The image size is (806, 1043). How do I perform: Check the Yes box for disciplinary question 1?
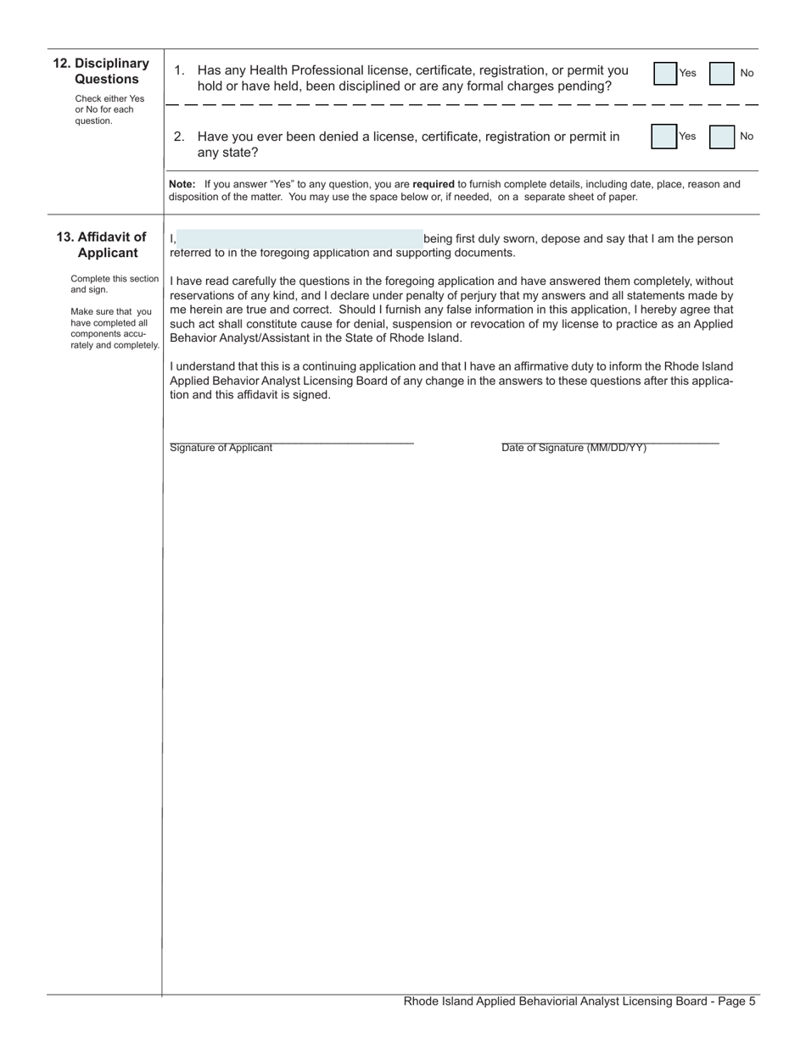point(665,74)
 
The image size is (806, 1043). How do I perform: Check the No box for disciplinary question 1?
point(722,74)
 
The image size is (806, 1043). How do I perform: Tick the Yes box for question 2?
point(663,137)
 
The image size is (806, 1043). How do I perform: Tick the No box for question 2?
point(722,137)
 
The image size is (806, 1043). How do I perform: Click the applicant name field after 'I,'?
point(300,238)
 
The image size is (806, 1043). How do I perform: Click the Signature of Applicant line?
point(291,441)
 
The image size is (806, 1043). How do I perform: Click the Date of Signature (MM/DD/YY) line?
point(609,441)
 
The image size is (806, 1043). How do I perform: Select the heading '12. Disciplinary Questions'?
point(102,71)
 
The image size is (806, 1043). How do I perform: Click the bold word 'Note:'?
point(182,184)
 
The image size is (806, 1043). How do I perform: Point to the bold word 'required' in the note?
point(433,184)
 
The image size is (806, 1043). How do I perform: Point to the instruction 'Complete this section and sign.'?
point(114,284)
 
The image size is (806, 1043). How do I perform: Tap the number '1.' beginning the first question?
point(179,71)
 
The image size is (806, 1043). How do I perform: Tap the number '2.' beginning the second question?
point(179,137)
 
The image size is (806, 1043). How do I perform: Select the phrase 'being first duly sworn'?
point(479,239)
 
